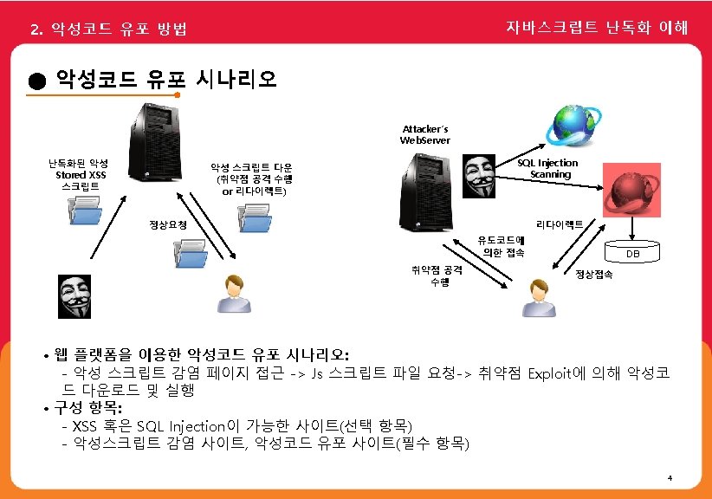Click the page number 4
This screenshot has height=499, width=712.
click(670, 478)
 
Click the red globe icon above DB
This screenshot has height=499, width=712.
click(635, 197)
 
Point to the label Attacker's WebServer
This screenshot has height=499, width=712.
click(424, 134)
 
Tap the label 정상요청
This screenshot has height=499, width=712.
click(168, 225)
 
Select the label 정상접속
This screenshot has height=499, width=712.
click(594, 275)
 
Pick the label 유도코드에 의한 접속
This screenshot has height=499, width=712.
click(503, 245)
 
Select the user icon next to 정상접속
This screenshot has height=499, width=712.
click(540, 298)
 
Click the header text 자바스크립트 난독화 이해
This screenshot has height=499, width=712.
click(597, 28)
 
